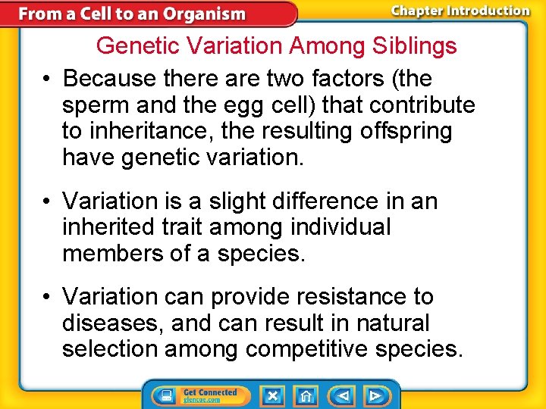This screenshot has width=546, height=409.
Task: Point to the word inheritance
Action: tap(149, 131)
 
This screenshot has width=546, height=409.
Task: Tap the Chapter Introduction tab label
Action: tap(460, 11)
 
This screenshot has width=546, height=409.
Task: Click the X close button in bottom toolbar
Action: tap(272, 395)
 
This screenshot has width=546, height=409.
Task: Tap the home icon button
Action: tap(306, 395)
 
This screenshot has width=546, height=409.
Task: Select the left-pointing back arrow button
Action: tap(343, 395)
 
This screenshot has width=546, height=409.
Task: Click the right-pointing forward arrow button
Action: tap(375, 395)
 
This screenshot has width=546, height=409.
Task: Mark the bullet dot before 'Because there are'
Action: tap(47, 80)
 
